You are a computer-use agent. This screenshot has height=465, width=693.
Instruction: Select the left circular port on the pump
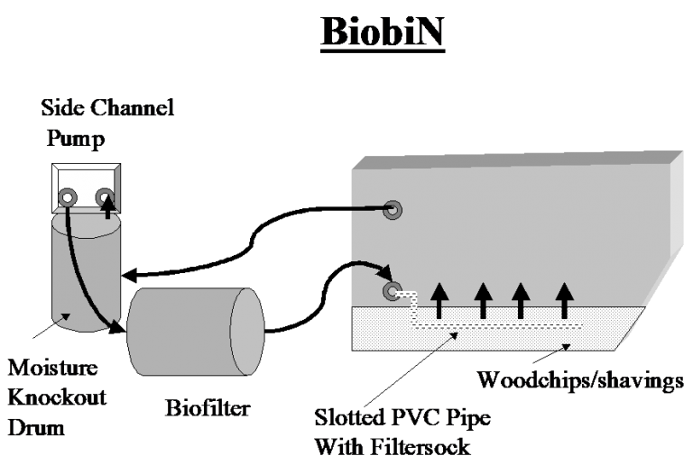pos(68,197)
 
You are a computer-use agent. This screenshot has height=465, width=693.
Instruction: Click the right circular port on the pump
pos(105,196)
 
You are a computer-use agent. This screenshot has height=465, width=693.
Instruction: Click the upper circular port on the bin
pos(393,210)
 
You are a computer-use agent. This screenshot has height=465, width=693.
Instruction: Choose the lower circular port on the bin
pos(393,291)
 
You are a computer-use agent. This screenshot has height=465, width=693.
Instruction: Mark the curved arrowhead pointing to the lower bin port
pos(385,273)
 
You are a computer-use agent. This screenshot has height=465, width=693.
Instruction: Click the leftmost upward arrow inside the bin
pos(439,300)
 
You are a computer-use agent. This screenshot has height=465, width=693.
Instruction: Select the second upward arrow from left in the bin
pos(484,300)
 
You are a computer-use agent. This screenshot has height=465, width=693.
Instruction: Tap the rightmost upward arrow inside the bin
pos(564,300)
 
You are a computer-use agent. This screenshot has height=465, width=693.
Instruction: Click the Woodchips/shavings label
pos(578,381)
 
